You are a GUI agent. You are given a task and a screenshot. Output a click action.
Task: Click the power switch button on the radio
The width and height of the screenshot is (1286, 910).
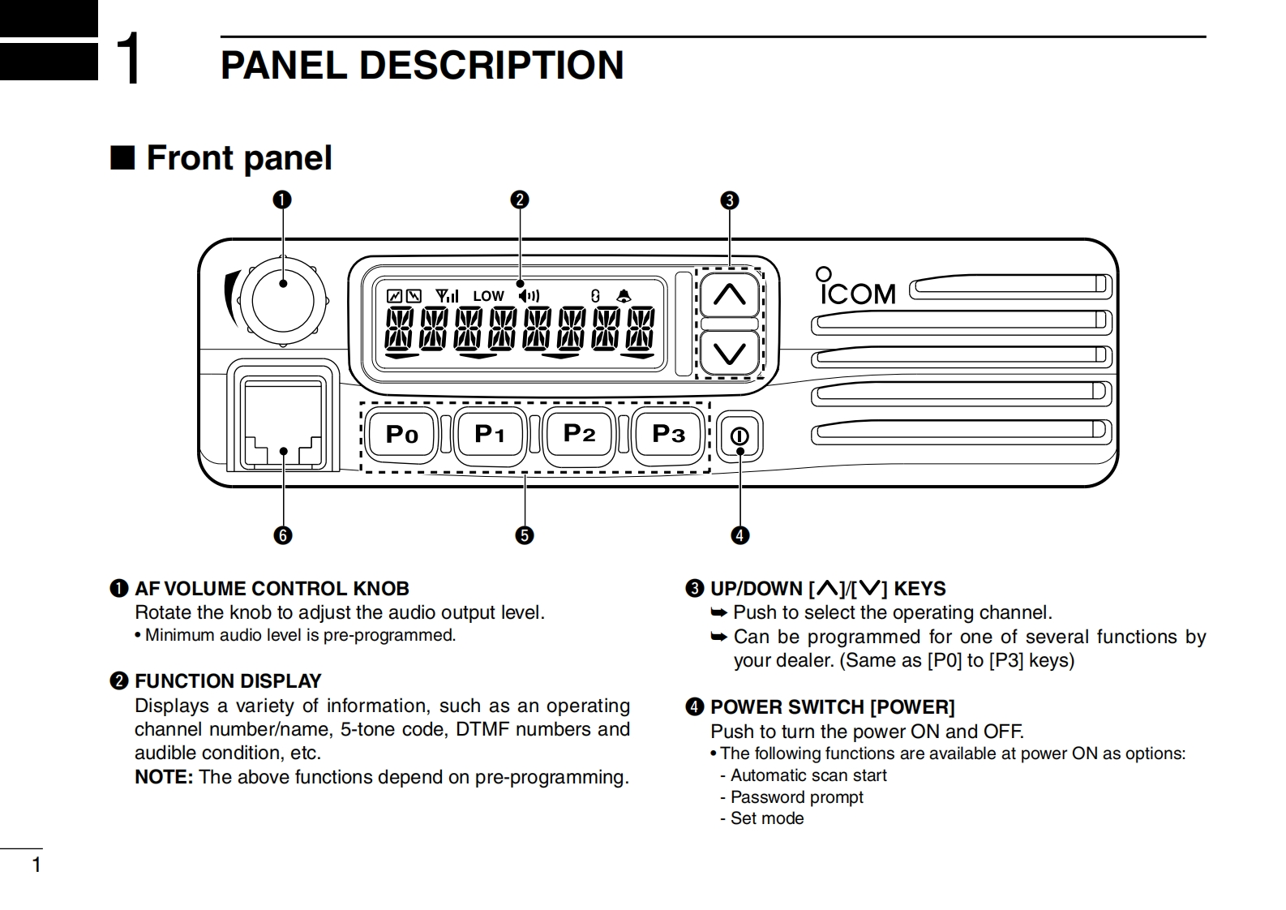point(739,436)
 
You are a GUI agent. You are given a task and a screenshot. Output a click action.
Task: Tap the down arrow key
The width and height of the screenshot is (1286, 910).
point(729,354)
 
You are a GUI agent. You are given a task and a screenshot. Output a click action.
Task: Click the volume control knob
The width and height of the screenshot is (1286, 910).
point(283,299)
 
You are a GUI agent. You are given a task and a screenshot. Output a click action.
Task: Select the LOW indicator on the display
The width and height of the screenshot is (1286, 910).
point(488,297)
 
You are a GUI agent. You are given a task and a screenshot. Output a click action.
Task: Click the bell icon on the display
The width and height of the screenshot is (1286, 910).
point(624,296)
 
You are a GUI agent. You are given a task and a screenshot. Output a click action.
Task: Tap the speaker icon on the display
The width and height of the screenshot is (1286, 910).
point(529,296)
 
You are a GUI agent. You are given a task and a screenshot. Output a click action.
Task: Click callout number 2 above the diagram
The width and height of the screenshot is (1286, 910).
point(520,200)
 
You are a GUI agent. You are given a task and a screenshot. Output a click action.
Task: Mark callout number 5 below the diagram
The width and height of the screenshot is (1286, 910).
point(525,535)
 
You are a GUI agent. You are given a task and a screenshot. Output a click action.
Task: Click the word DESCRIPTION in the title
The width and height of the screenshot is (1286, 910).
point(491,66)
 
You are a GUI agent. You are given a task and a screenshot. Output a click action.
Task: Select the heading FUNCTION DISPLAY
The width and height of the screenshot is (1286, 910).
point(228,680)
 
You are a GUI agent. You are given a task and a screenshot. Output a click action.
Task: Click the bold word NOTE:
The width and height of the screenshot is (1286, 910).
point(164,777)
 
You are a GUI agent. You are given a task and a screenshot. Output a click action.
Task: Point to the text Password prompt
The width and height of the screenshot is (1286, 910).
point(796,797)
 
